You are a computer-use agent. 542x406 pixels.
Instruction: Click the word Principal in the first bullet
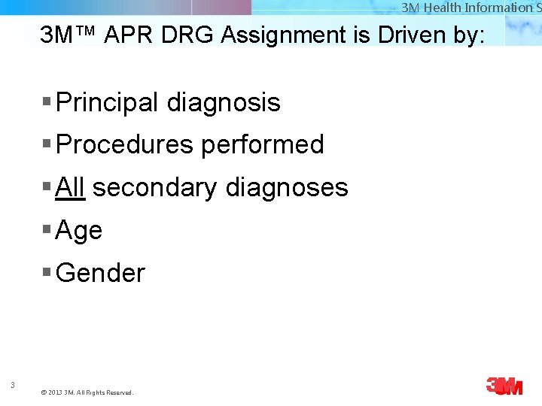(108, 102)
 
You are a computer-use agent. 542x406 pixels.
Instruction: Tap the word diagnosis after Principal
(224, 102)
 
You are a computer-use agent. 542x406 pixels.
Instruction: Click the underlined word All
(70, 187)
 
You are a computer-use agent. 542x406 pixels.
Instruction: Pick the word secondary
(154, 187)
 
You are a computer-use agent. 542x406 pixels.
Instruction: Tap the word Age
(79, 230)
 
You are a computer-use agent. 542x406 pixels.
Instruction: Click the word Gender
(100, 273)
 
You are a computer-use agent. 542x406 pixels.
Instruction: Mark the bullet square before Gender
(47, 272)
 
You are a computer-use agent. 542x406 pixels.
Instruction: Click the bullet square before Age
(47, 229)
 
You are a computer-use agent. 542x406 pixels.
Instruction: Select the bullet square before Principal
(47, 101)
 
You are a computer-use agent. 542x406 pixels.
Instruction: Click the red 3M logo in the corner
(504, 386)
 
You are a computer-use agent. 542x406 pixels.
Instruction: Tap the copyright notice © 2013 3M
(87, 392)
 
